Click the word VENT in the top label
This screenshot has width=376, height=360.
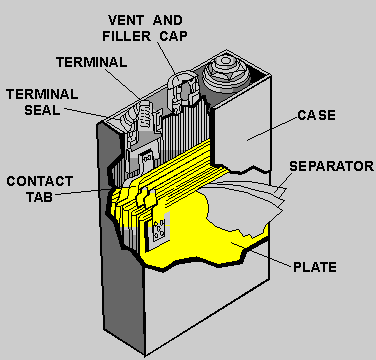pos(126,20)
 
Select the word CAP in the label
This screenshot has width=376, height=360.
pos(173,36)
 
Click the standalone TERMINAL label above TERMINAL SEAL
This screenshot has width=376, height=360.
pos(92,62)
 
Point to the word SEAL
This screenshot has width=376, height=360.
pos(42,110)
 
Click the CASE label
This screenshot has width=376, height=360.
pos(316,115)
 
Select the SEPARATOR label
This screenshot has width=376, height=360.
pos(331,166)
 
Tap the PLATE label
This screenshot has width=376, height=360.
pos(315,267)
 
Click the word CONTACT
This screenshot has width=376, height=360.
pos(40,181)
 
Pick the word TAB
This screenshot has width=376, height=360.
pos(40,197)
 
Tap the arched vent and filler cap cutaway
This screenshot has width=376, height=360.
pos(182,89)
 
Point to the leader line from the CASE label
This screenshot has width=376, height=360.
pos(272,129)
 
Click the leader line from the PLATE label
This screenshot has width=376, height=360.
pos(261,255)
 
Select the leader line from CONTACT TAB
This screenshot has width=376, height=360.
pos(83,191)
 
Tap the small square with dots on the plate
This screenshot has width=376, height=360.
pos(159,230)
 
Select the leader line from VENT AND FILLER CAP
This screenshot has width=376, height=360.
pos(166,59)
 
